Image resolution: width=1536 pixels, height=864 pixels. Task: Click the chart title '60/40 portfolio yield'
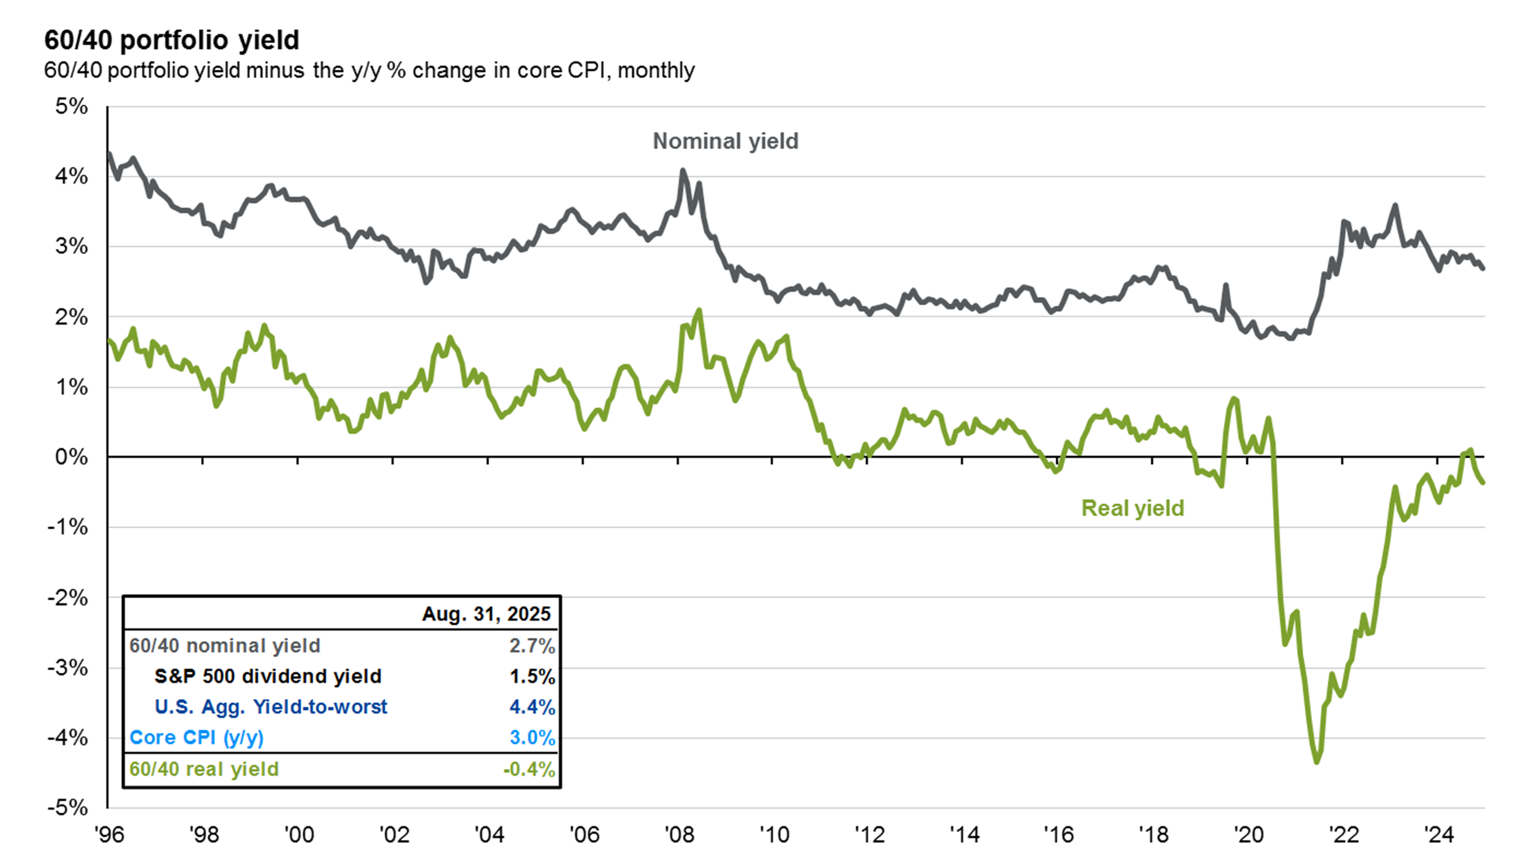[172, 40]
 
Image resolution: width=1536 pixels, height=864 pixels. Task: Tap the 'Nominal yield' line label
[725, 141]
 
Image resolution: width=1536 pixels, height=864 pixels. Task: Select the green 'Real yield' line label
[1132, 508]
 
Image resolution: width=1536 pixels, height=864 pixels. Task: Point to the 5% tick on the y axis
[71, 107]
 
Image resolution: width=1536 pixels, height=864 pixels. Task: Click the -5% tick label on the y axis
[68, 808]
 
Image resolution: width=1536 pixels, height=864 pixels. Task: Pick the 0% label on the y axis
[71, 457]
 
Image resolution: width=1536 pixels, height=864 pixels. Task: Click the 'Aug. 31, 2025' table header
[486, 614]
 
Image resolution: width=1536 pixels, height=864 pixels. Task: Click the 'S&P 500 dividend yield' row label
[268, 676]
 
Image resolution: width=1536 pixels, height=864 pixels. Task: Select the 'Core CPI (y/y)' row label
[196, 738]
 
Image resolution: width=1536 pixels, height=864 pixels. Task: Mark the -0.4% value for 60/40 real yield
[529, 769]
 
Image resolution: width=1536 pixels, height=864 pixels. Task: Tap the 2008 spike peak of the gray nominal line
[683, 170]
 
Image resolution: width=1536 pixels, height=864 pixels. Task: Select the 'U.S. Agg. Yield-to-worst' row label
[271, 707]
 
